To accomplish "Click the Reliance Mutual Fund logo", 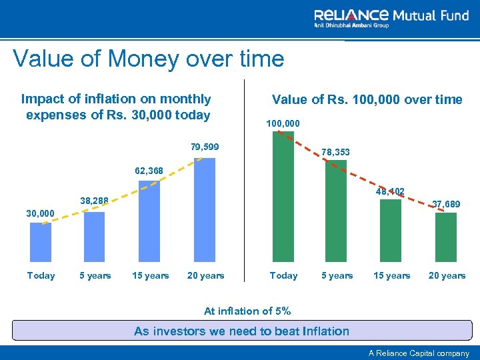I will (391, 18).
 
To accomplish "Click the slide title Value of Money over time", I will (148, 59).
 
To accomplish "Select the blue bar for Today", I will (41, 242).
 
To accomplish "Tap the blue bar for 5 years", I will (95, 237).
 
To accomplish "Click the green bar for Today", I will (283, 197).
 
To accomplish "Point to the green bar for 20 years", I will (445, 237).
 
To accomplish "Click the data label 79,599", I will (205, 147).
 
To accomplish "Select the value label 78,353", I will (335, 153).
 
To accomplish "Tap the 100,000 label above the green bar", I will (283, 123).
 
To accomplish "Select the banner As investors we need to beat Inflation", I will (241, 331).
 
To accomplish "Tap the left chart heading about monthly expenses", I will (117, 107).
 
